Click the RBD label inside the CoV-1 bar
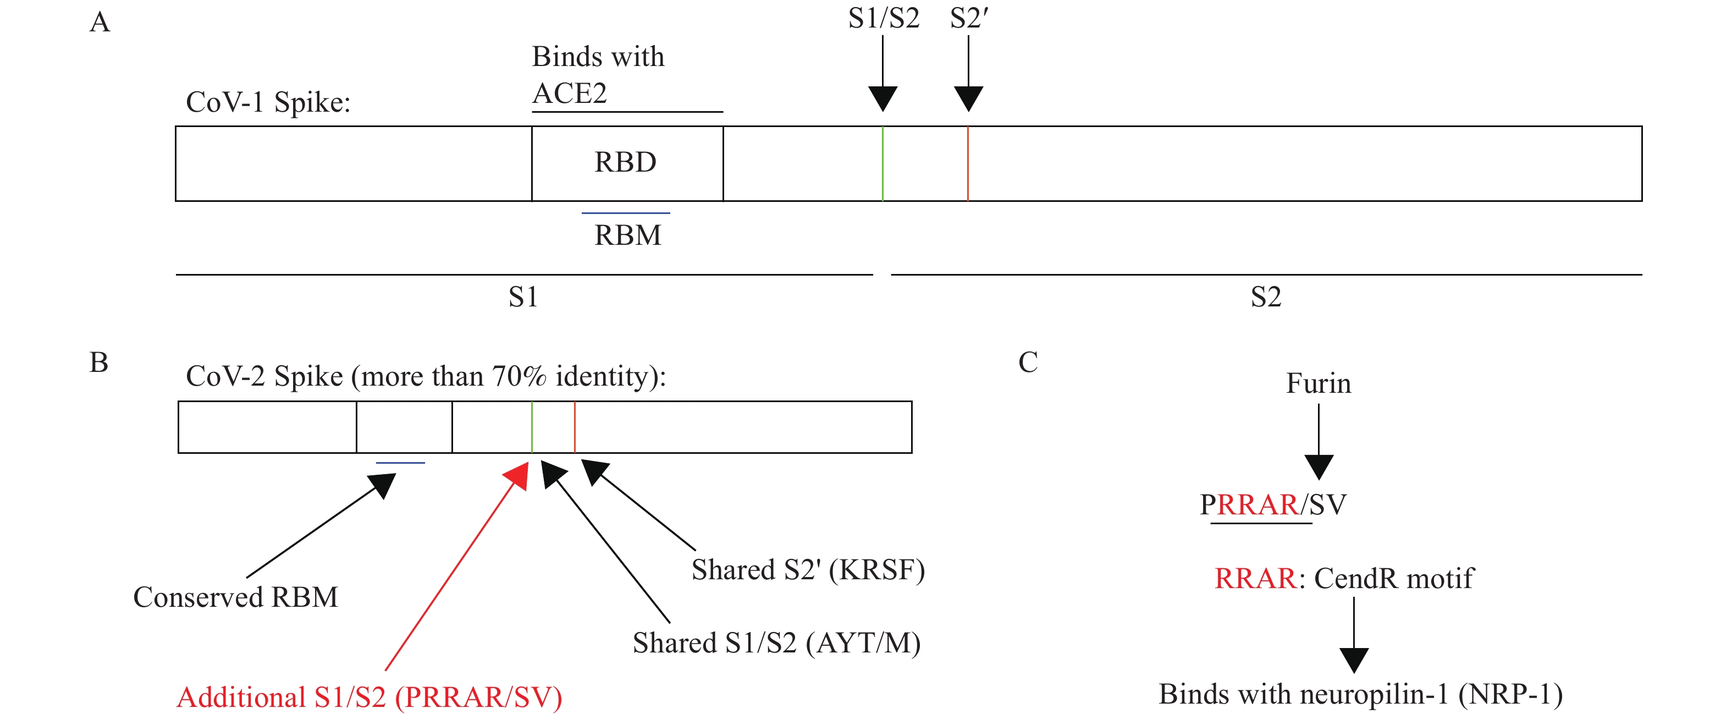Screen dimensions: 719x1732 click(x=625, y=162)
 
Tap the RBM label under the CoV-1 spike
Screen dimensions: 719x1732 click(x=628, y=235)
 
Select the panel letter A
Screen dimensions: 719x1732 click(x=100, y=22)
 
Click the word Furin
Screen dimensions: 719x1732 click(x=1318, y=383)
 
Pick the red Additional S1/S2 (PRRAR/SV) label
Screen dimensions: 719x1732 click(x=369, y=698)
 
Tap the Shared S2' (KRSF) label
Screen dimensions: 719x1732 click(x=808, y=570)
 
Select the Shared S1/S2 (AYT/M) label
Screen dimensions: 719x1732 click(x=776, y=643)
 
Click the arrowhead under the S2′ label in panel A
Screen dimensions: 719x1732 click(x=968, y=98)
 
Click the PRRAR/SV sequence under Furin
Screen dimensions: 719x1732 click(x=1273, y=504)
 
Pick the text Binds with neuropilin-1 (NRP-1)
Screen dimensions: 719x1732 click(x=1360, y=694)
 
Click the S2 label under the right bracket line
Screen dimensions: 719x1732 click(x=1265, y=297)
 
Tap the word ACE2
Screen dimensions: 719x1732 click(x=570, y=93)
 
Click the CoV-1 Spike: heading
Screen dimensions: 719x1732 click(x=268, y=102)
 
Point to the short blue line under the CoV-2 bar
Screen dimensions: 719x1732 click(x=400, y=463)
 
